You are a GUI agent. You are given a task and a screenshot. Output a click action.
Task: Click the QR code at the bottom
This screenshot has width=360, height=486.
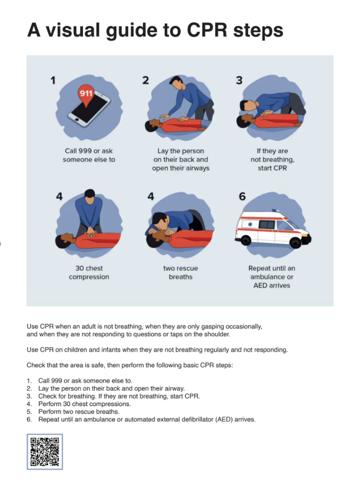[x=45, y=451]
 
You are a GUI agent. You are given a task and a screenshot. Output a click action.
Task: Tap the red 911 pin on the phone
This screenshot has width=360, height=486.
[x=86, y=95]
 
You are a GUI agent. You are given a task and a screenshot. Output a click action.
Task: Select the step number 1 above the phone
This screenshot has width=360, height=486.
[x=52, y=81]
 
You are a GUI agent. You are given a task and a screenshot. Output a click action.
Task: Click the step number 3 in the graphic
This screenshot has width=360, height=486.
[x=239, y=81]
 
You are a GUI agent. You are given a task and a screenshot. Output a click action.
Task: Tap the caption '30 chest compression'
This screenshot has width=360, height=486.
[x=89, y=273]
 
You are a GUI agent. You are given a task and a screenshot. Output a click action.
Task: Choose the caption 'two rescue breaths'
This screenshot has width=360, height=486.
[x=181, y=273]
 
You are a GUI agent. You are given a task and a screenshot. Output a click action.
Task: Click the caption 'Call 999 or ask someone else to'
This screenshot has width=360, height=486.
[x=89, y=155]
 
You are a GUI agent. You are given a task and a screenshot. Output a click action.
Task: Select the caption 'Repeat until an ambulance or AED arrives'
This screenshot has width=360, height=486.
[x=272, y=277]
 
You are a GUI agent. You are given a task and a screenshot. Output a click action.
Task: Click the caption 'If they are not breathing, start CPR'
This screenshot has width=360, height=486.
[x=272, y=159]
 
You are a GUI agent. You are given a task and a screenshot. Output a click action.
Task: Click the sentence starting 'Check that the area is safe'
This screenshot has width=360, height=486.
[x=130, y=365]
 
